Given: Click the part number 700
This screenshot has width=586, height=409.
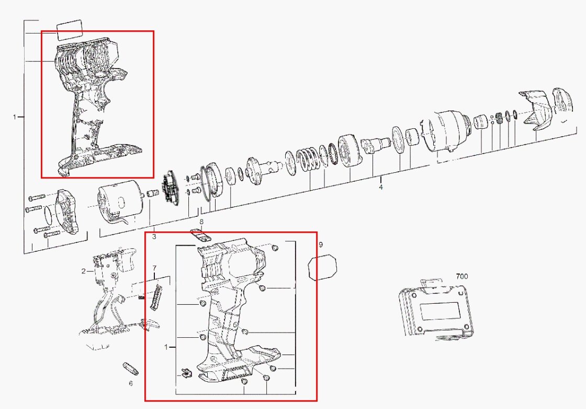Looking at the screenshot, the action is tap(461, 277).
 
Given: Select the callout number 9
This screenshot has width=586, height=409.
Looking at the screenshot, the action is tap(321, 245).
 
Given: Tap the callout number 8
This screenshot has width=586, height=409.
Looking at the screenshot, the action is tap(201, 222).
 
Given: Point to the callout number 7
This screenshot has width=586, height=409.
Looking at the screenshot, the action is tap(154, 268).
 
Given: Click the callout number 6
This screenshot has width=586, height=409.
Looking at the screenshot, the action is tap(130, 383).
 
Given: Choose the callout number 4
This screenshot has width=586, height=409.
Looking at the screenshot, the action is tap(381, 187).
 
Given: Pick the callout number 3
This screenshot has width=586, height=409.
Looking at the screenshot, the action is tap(154, 237).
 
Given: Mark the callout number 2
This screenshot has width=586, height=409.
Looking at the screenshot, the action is tap(84, 271).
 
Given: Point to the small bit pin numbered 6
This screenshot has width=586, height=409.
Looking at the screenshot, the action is tap(130, 369).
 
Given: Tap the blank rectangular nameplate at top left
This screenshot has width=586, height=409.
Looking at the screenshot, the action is tap(70, 29).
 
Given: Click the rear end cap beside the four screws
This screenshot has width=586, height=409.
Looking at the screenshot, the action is tap(67, 212).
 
